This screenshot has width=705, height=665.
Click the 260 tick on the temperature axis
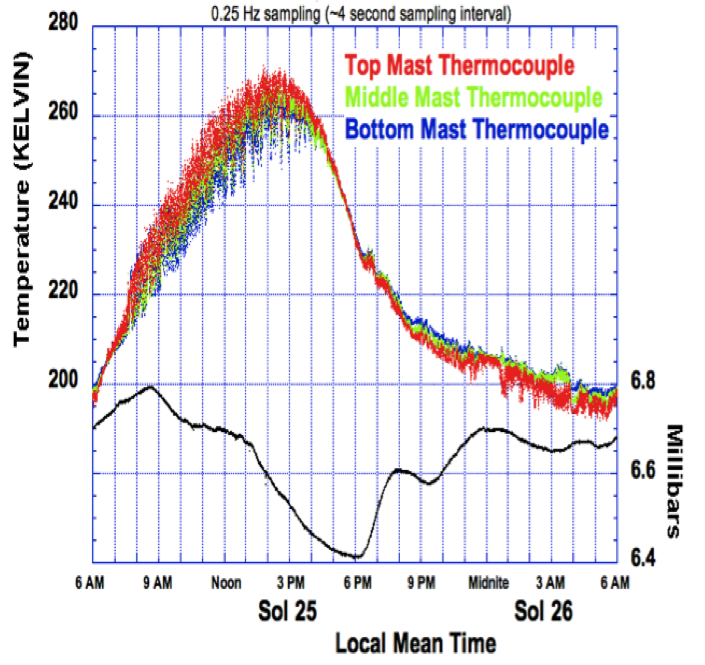click(65, 114)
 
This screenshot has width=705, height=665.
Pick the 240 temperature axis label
click(65, 205)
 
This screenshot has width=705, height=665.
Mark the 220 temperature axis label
click(65, 295)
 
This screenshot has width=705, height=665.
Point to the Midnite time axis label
click(489, 582)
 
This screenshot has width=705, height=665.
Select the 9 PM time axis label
click(421, 582)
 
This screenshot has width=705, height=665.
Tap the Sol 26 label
click(545, 611)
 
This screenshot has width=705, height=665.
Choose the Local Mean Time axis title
click(415, 642)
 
